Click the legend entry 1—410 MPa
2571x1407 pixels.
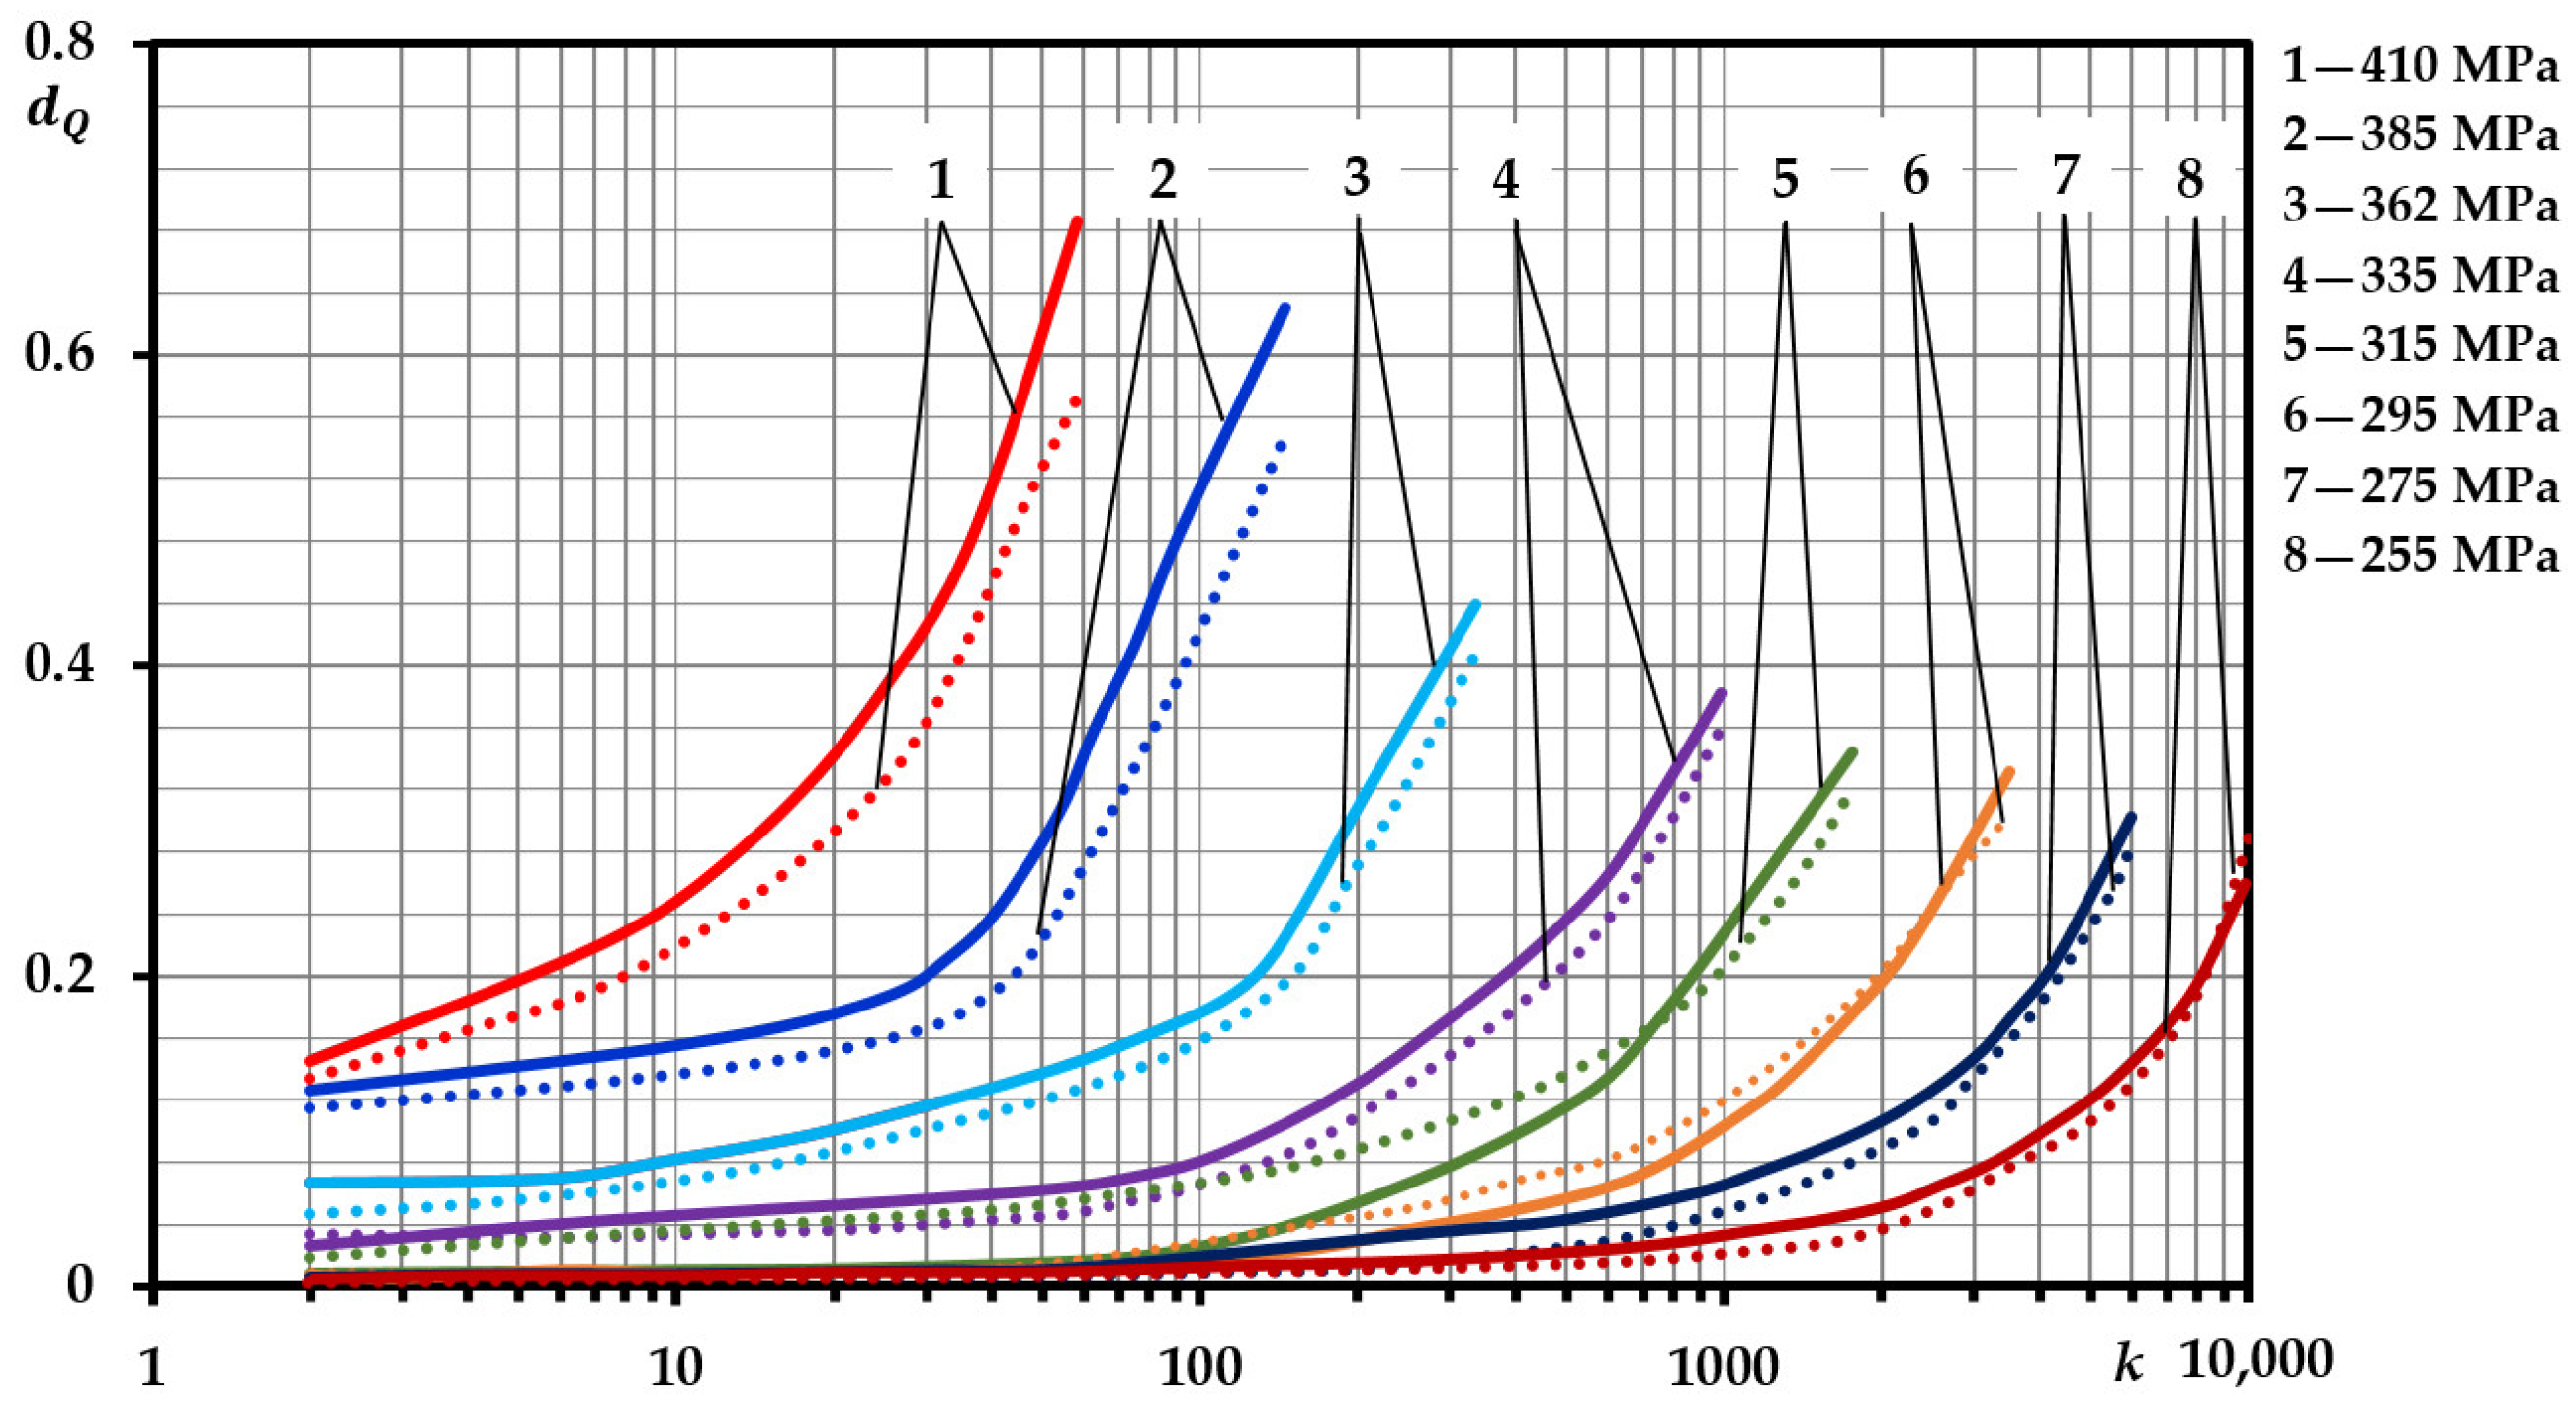click(x=2421, y=66)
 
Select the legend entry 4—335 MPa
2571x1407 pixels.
click(x=2421, y=276)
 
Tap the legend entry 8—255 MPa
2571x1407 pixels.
click(x=2421, y=554)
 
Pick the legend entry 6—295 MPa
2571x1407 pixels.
click(x=2421, y=415)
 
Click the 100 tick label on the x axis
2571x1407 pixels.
click(x=1199, y=1367)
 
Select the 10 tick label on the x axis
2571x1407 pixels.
click(x=675, y=1367)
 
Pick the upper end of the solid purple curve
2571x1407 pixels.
click(x=1722, y=691)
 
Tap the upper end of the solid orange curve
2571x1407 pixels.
click(x=2010, y=771)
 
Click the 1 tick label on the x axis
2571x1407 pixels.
click(x=151, y=1367)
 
